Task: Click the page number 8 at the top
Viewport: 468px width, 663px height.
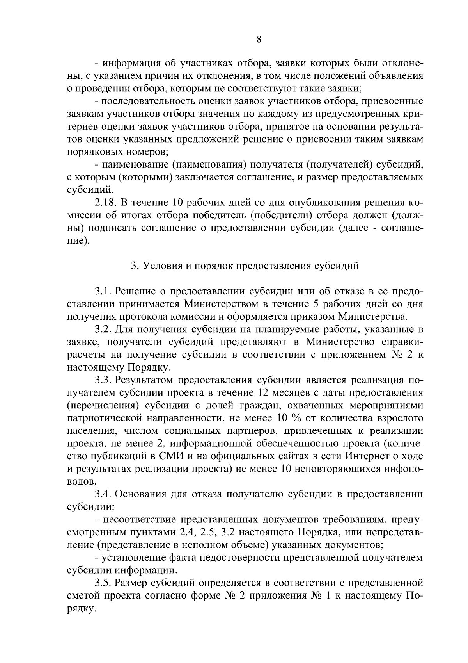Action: (259, 39)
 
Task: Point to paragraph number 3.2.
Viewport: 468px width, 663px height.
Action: (103, 330)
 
